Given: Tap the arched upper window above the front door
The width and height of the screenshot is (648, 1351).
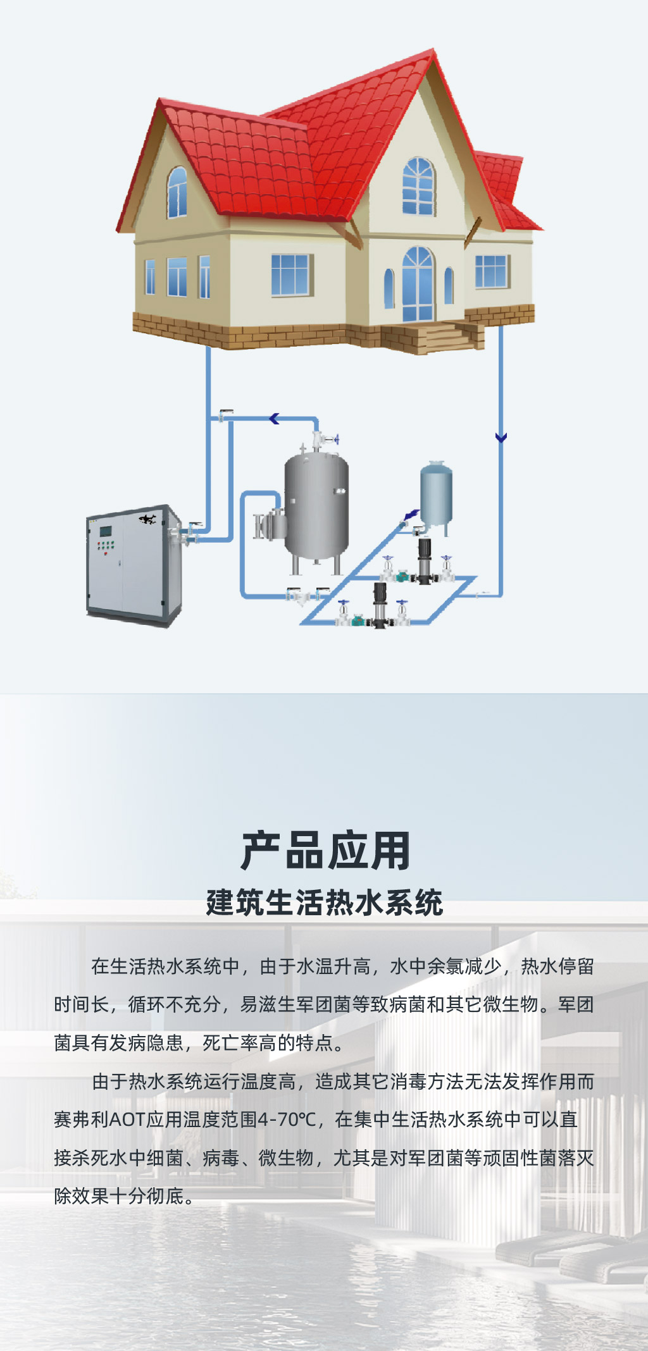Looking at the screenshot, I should coord(418,186).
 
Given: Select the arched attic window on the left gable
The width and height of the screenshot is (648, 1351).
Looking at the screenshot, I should coord(177,192).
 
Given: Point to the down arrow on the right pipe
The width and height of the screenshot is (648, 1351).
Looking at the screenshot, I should coord(501,437).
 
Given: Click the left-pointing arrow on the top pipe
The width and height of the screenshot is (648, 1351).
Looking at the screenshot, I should coord(275,418).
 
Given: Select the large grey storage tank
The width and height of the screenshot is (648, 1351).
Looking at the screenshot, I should coord(316,505).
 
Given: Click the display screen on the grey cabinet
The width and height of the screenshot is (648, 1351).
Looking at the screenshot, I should coord(106,532).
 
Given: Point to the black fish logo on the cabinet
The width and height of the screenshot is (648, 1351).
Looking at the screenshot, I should coord(148,520).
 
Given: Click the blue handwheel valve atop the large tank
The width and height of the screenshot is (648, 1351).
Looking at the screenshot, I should coord(335,438).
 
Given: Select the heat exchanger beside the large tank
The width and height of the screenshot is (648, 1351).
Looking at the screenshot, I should coord(271,524).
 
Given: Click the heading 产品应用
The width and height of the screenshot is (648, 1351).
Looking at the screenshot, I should coord(325,851).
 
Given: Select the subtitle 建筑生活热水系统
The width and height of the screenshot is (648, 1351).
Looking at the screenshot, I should coord(324,903).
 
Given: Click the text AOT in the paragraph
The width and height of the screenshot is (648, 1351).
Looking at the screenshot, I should coord(127,1120).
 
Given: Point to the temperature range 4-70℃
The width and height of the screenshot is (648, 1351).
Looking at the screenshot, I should coord(287,1120).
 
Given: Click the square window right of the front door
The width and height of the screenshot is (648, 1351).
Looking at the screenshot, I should coord(492,271).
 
